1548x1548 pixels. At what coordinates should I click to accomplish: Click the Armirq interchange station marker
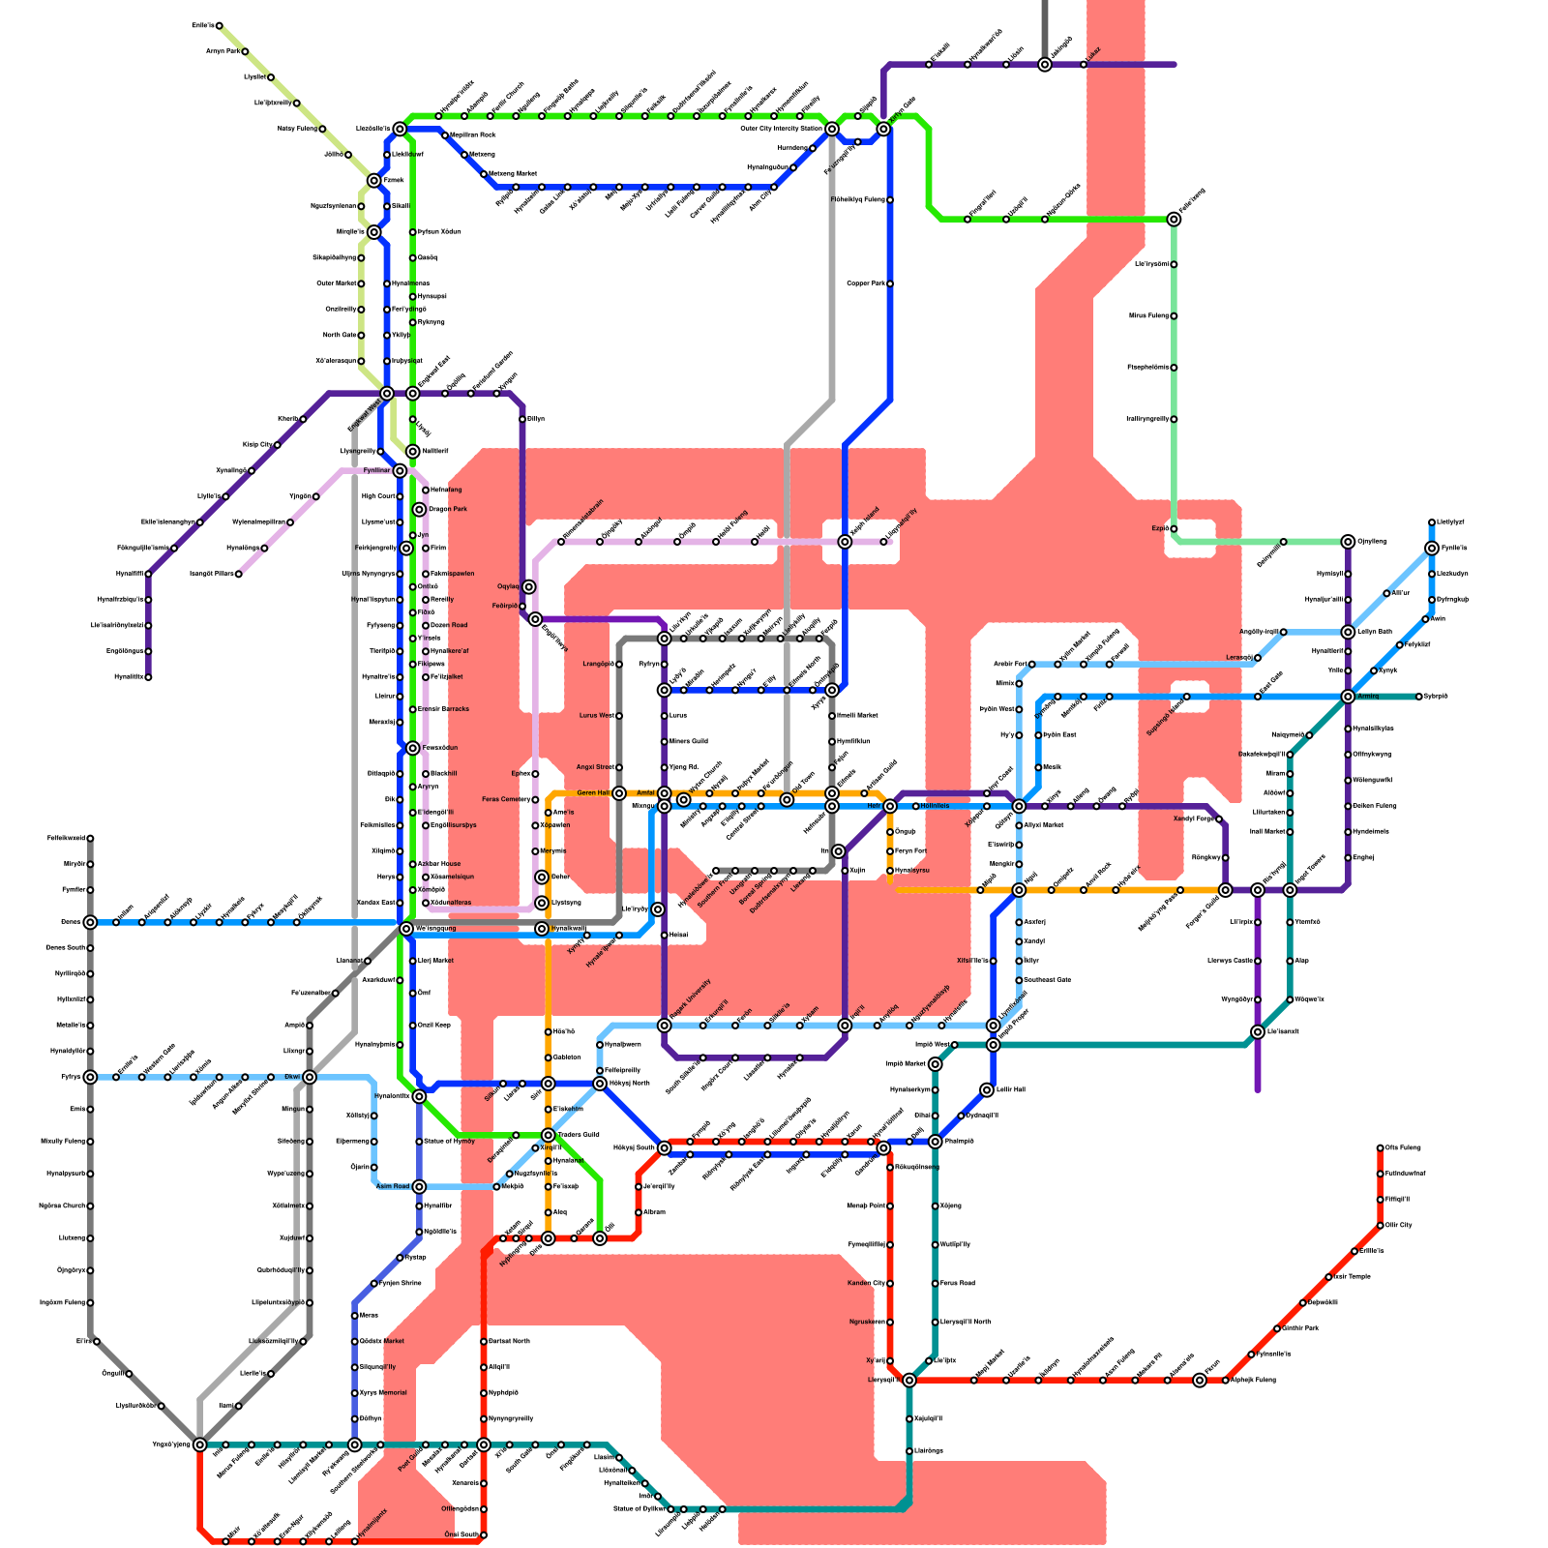(x=1348, y=697)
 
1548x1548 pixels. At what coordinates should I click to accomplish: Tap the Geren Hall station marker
(x=619, y=793)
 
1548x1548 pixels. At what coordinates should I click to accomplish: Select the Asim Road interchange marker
(x=419, y=1186)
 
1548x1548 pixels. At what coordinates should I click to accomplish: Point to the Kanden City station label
(x=866, y=1284)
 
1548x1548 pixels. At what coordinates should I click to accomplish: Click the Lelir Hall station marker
(x=987, y=1090)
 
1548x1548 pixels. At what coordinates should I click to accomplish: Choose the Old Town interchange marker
(x=787, y=800)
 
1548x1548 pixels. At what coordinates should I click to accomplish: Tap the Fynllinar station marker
(x=400, y=471)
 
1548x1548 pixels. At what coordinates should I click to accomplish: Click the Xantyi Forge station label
(x=1193, y=819)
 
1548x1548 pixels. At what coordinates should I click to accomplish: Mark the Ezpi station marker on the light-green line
(x=1174, y=529)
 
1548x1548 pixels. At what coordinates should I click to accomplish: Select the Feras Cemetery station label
(x=505, y=800)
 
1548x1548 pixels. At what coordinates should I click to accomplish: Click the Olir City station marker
(x=1381, y=1226)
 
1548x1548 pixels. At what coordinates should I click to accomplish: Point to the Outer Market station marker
(x=361, y=283)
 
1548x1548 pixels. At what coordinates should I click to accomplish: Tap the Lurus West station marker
(x=619, y=716)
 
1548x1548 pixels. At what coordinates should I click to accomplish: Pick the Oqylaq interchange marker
(x=528, y=587)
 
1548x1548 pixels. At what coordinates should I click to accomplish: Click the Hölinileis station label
(x=935, y=806)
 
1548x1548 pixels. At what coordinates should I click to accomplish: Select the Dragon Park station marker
(x=419, y=510)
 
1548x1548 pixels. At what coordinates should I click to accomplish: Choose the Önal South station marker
(x=484, y=1535)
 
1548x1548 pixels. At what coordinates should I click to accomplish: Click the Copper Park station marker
(x=890, y=283)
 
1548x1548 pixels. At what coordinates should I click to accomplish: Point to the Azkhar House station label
(x=439, y=864)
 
